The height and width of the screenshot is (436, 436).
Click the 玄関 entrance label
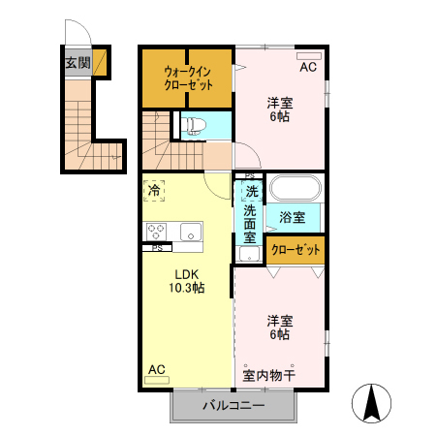[78, 63]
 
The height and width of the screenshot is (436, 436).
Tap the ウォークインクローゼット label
[187, 78]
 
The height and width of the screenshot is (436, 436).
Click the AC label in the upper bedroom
[308, 68]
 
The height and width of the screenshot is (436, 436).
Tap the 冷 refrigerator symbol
[154, 191]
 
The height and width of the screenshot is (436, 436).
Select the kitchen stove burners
[157, 231]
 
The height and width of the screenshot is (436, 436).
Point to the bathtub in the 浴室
[296, 188]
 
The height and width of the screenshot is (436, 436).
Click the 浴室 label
[293, 217]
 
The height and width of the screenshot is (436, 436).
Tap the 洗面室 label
[250, 223]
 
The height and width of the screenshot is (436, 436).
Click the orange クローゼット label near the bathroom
[296, 250]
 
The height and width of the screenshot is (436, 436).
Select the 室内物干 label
[268, 374]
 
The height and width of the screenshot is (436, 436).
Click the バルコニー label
[233, 405]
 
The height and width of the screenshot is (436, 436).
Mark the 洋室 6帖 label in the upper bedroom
[280, 109]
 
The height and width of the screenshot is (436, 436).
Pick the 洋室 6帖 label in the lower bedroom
[280, 327]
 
